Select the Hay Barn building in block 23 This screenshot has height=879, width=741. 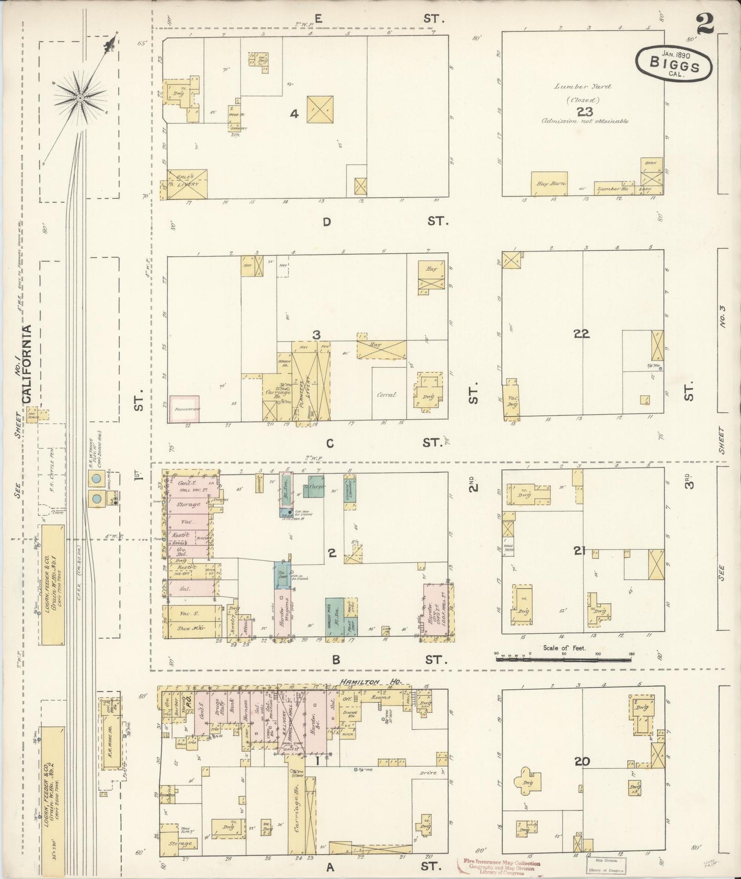click(549, 184)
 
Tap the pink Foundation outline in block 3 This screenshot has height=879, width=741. click(184, 408)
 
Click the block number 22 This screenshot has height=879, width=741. click(582, 333)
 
